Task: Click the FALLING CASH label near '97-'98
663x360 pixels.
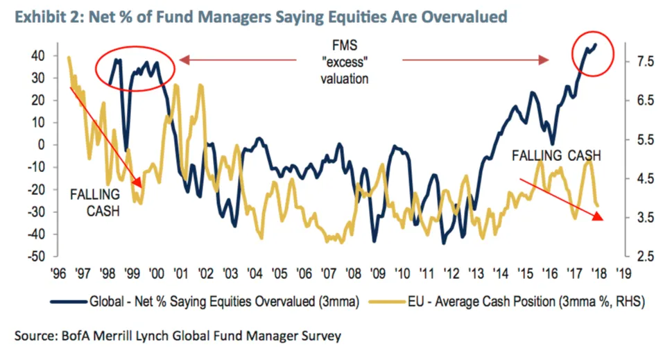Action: (x=94, y=202)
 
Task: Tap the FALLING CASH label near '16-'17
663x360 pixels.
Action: (x=556, y=155)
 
